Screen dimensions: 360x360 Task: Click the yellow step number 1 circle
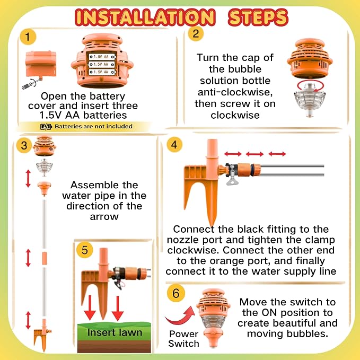click(x=28, y=37)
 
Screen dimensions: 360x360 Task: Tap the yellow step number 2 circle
click(x=196, y=33)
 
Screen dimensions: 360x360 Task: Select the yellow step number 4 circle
click(x=174, y=145)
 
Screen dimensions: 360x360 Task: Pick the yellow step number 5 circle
click(x=84, y=250)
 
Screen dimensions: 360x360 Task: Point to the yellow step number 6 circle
click(x=176, y=293)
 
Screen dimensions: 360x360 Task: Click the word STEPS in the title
click(x=258, y=17)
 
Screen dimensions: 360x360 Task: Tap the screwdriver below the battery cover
click(x=32, y=83)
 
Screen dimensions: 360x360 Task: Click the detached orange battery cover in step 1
click(x=41, y=64)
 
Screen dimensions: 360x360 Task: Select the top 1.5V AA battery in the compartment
click(x=102, y=57)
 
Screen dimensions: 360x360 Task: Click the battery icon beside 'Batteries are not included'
click(x=46, y=127)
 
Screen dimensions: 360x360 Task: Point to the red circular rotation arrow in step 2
click(x=310, y=86)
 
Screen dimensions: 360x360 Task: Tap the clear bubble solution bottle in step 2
click(x=310, y=100)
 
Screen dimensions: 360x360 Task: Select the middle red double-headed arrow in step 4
click(x=254, y=154)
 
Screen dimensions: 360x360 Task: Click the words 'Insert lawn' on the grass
click(x=115, y=332)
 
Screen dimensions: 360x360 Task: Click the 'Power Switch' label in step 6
click(x=183, y=339)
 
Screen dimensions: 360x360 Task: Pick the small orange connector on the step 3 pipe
click(x=45, y=258)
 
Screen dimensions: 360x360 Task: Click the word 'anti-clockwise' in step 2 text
click(x=235, y=92)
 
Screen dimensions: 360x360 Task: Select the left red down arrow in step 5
click(x=90, y=308)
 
